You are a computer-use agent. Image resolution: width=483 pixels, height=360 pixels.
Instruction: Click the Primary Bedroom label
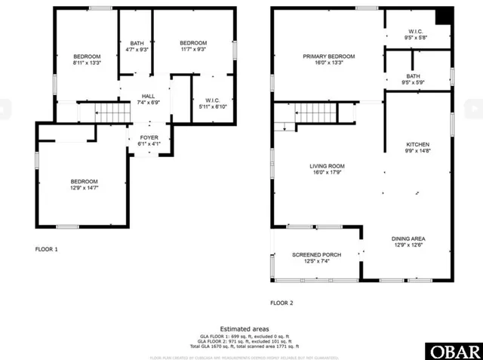(x=328, y=57)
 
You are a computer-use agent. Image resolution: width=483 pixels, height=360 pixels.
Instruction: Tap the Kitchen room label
(x=417, y=144)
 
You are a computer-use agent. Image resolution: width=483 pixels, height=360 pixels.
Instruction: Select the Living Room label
(x=327, y=166)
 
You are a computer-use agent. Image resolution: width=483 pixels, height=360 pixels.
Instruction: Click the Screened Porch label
(x=316, y=255)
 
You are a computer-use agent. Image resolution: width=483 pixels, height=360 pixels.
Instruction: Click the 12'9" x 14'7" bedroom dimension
(x=85, y=188)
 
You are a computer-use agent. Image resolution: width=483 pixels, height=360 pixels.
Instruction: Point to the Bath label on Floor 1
(x=137, y=43)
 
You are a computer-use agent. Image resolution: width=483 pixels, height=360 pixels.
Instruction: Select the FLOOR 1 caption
(x=47, y=248)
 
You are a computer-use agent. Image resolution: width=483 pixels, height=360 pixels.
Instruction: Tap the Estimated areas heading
(x=241, y=329)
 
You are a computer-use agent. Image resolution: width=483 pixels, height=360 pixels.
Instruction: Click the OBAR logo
(x=453, y=352)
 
